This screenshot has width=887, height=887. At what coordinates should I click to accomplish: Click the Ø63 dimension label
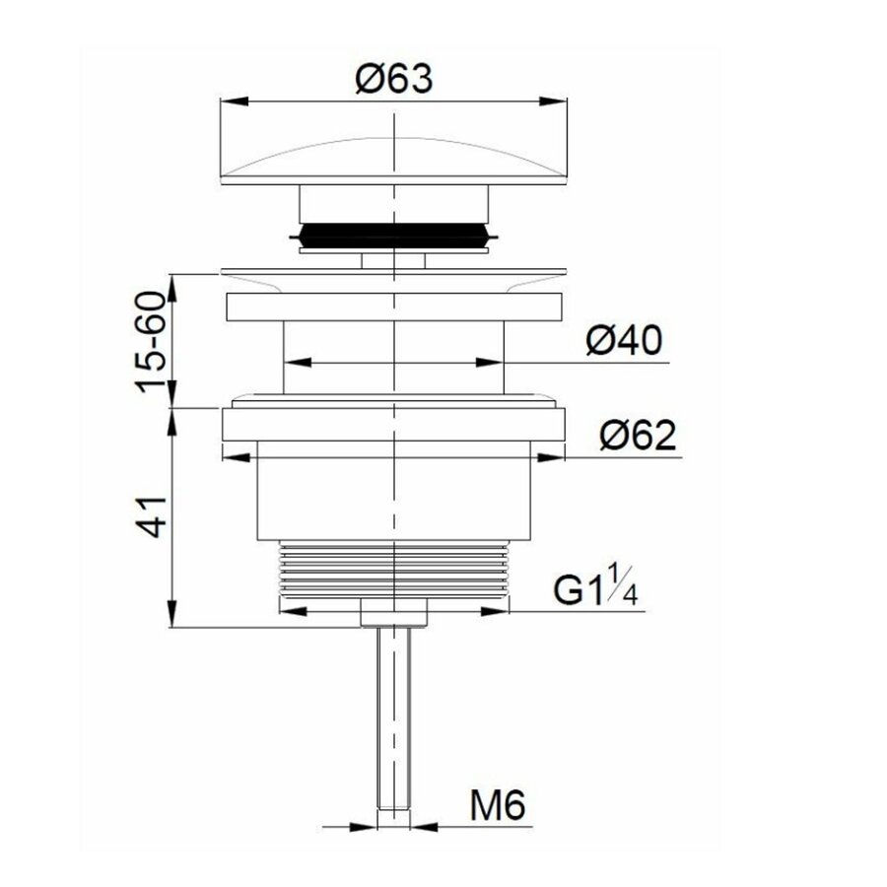393,78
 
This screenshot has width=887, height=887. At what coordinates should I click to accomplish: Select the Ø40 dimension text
623,341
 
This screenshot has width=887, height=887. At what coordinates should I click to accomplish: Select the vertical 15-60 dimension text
151,341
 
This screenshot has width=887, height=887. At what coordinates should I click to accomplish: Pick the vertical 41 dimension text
151,514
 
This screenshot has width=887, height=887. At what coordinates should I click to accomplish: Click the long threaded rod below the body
393,719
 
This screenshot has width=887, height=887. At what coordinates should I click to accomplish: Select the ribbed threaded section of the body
393,570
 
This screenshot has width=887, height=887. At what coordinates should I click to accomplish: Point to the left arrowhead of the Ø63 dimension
228,100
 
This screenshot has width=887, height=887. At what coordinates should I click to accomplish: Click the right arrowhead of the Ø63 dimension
559,100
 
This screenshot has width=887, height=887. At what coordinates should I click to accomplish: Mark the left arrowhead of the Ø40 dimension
293,363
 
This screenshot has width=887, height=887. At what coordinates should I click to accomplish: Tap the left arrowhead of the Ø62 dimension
232,455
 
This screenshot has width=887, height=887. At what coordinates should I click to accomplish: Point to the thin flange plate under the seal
393,272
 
